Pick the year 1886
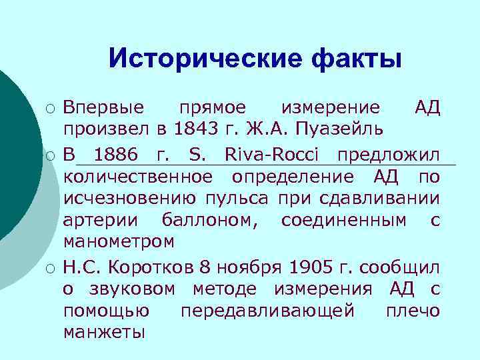[117, 156]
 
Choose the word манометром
[119, 241]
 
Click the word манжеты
[103, 331]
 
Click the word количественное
[139, 177]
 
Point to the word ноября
[251, 268]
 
